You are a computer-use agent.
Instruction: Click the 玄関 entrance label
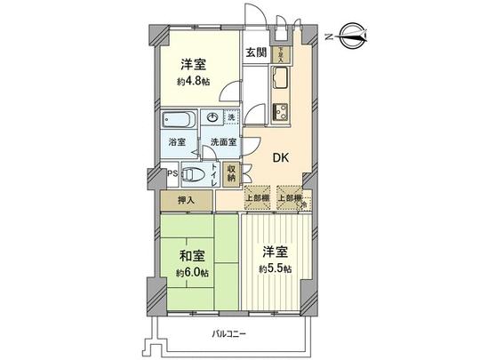tap(257, 52)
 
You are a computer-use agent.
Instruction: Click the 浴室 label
tap(176, 142)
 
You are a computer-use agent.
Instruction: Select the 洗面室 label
tap(222, 142)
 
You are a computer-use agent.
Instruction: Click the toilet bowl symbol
tap(199, 173)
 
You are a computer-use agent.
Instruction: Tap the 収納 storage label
tap(231, 172)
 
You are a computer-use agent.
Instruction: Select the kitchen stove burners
tap(284, 112)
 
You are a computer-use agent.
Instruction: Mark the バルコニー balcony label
tap(228, 334)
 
